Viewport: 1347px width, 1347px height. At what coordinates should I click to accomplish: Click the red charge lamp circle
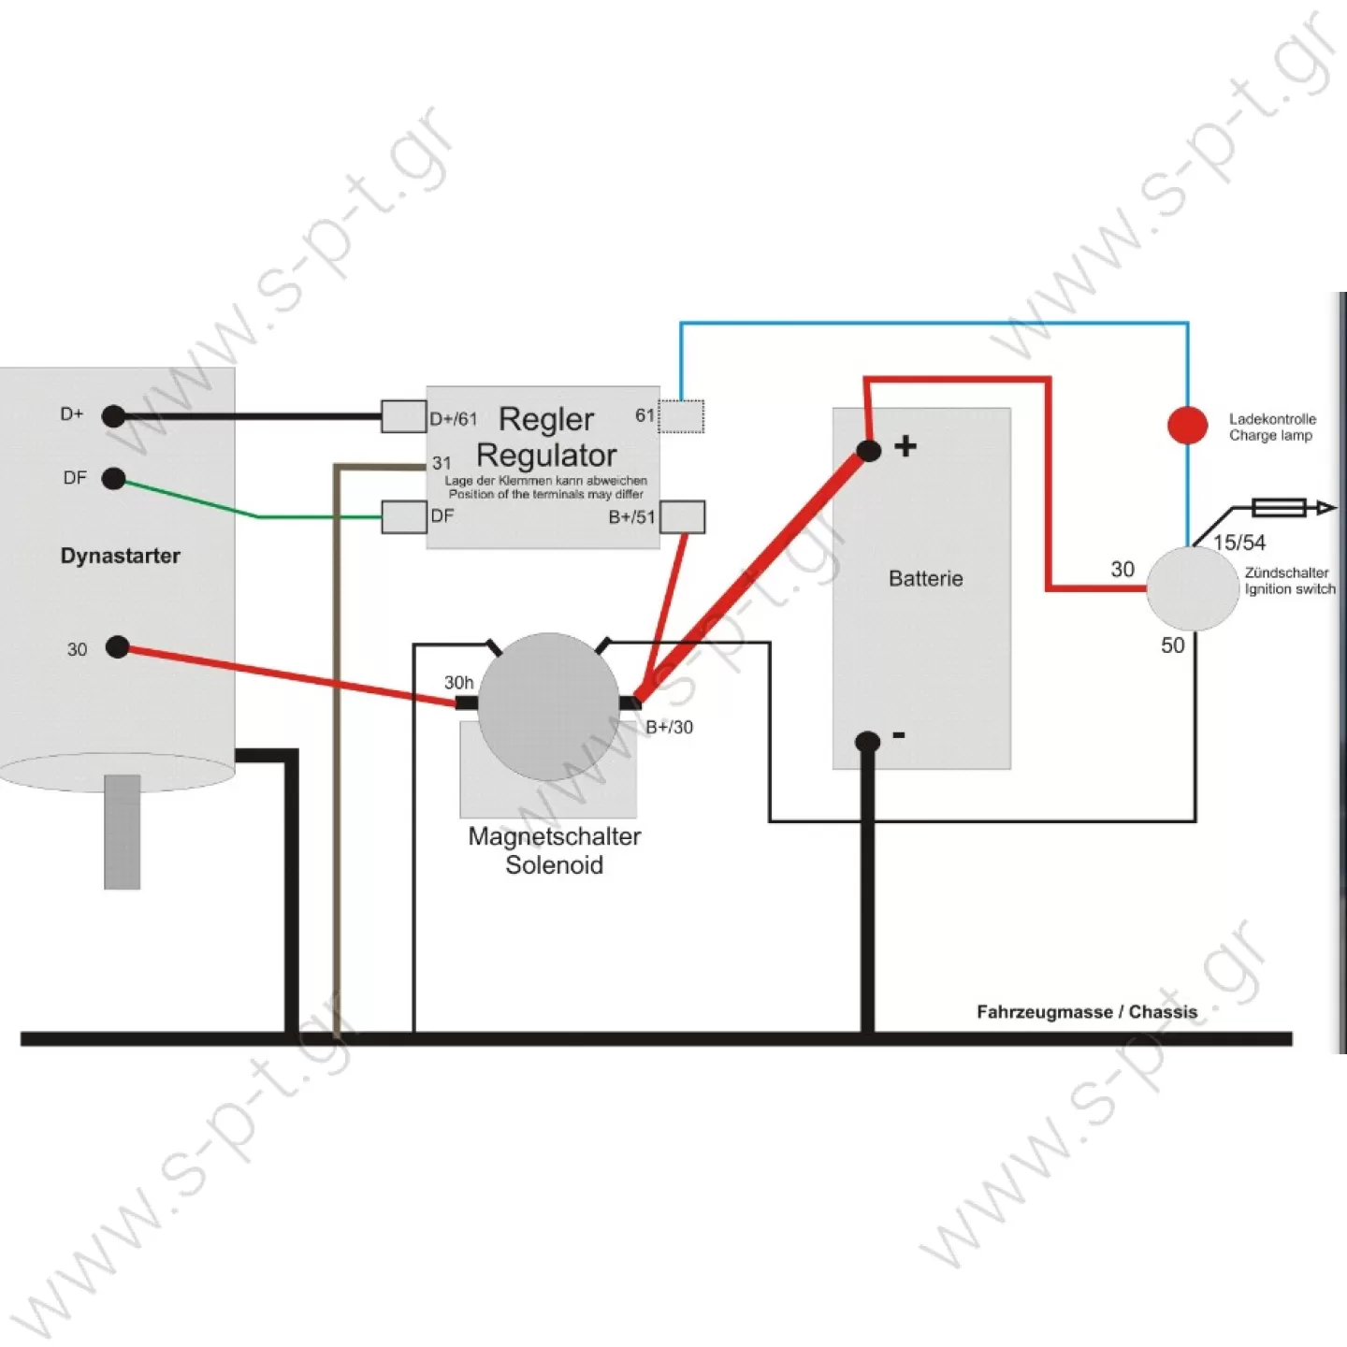point(1188,425)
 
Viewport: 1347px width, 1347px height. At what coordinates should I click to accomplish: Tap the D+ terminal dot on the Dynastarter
point(113,416)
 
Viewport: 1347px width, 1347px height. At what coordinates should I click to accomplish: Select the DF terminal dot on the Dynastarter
point(113,479)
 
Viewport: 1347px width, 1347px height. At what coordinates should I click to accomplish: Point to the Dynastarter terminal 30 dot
point(118,647)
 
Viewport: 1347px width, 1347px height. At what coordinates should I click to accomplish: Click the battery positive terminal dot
point(868,451)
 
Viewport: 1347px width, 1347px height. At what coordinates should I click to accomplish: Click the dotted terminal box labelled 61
point(682,416)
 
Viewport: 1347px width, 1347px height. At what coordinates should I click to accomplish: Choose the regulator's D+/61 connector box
point(404,416)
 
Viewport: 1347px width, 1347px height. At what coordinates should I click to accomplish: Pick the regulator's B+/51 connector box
point(682,517)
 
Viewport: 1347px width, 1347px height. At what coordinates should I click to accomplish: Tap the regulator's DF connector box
point(404,517)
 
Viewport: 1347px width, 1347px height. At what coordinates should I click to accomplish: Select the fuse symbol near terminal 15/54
point(1280,508)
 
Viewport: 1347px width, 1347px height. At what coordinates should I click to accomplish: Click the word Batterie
point(925,578)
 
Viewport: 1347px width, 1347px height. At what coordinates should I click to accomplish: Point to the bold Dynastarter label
point(121,556)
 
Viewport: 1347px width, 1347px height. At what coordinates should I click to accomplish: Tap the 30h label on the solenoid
point(458,682)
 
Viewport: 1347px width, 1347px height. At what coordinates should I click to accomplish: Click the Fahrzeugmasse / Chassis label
point(1087,1011)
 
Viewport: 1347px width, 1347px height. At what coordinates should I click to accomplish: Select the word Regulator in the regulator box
point(546,455)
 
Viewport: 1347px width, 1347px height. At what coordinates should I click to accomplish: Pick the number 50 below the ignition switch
point(1173,645)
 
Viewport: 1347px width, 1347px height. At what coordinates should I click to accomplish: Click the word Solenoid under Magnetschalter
point(555,864)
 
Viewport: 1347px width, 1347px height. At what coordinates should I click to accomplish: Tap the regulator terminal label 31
point(442,463)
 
